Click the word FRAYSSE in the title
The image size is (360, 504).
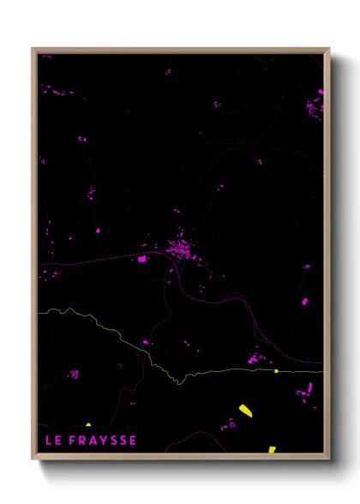pyautogui.click(x=101, y=441)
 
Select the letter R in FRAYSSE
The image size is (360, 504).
pyautogui.click(x=81, y=441)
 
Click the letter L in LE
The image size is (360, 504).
pyautogui.click(x=48, y=441)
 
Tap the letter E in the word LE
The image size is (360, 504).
pyautogui.click(x=57, y=441)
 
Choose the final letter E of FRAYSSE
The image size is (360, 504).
pyautogui.click(x=133, y=441)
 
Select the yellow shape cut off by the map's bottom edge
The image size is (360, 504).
pyautogui.click(x=273, y=449)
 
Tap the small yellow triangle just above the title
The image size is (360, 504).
pyautogui.click(x=88, y=424)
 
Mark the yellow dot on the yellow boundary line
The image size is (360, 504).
pyautogui.click(x=276, y=371)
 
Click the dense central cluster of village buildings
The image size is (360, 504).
pyautogui.click(x=181, y=248)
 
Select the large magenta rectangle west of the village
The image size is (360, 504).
pyautogui.click(x=142, y=258)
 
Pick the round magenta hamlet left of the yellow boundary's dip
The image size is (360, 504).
pyautogui.click(x=74, y=374)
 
